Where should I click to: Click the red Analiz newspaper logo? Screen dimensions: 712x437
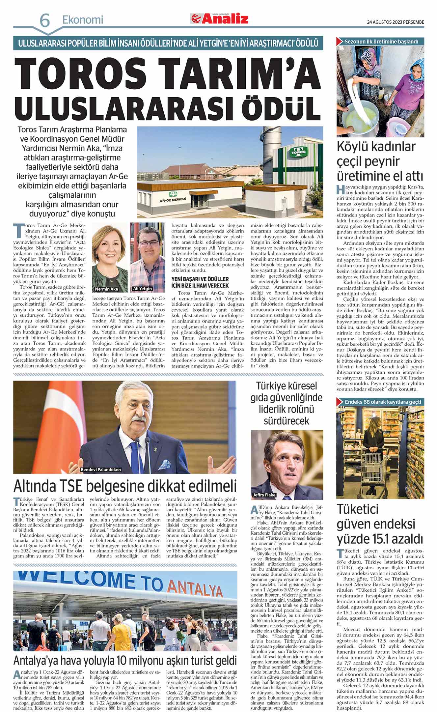pos(219,19)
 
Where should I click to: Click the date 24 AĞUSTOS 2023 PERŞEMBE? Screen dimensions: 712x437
pos(396,22)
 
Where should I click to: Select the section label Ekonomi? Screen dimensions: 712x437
pos(83,20)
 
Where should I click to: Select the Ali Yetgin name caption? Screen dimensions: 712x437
pos(142,289)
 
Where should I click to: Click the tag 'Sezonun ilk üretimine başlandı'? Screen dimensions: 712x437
pos(381,42)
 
